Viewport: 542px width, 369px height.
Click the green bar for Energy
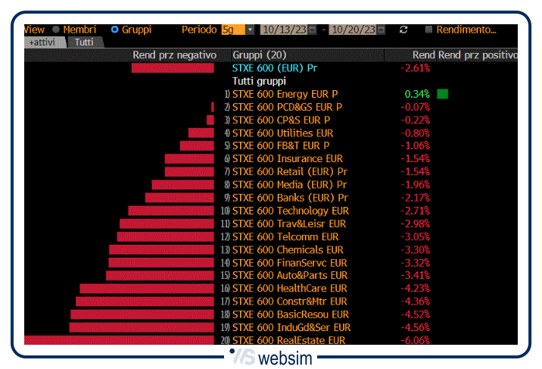point(442,94)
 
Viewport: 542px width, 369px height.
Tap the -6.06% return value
point(415,341)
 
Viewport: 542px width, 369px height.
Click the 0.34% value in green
point(417,94)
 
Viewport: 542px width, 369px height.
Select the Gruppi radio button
point(115,30)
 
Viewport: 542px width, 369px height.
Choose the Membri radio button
point(56,30)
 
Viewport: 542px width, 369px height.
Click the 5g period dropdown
point(238,30)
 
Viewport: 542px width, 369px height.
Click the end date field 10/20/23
point(354,30)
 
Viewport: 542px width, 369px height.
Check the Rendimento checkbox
point(429,30)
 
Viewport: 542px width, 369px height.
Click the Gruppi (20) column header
point(260,55)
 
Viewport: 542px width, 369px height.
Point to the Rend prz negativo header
point(174,55)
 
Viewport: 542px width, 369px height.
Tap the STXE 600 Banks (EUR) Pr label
point(289,198)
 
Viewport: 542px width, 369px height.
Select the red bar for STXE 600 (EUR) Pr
point(173,68)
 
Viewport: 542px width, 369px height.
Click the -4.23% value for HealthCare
point(415,289)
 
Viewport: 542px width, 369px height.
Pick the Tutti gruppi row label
point(259,81)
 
